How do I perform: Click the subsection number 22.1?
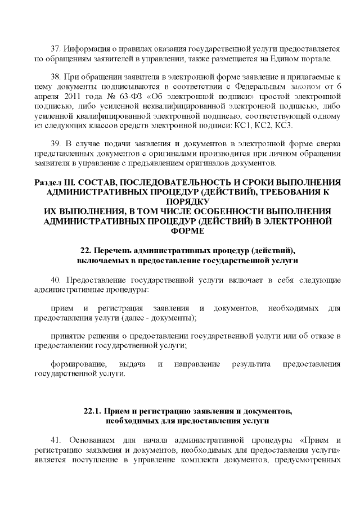(x=92, y=411)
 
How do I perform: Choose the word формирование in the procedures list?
(x=75, y=364)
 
